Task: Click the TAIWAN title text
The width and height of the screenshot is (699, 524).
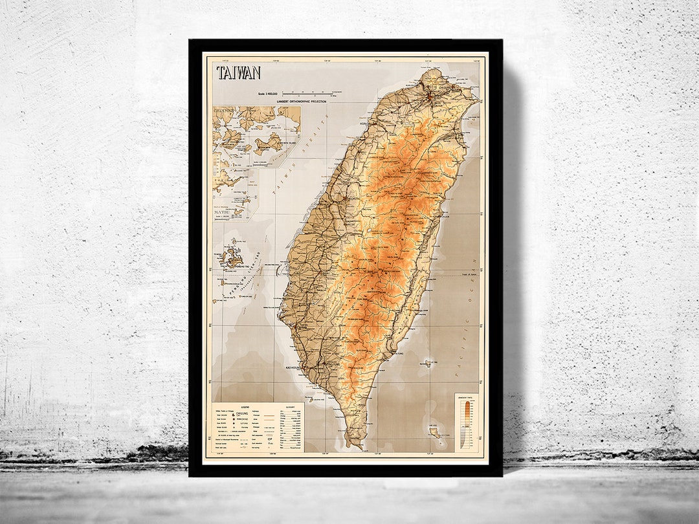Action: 239,72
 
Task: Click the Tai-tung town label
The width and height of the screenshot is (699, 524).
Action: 401,354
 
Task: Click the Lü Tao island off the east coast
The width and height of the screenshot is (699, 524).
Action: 428,364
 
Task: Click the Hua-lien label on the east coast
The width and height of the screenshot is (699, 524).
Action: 445,218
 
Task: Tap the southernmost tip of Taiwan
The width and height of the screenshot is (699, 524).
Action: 354,445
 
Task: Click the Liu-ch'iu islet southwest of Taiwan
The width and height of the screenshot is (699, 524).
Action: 311,400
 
